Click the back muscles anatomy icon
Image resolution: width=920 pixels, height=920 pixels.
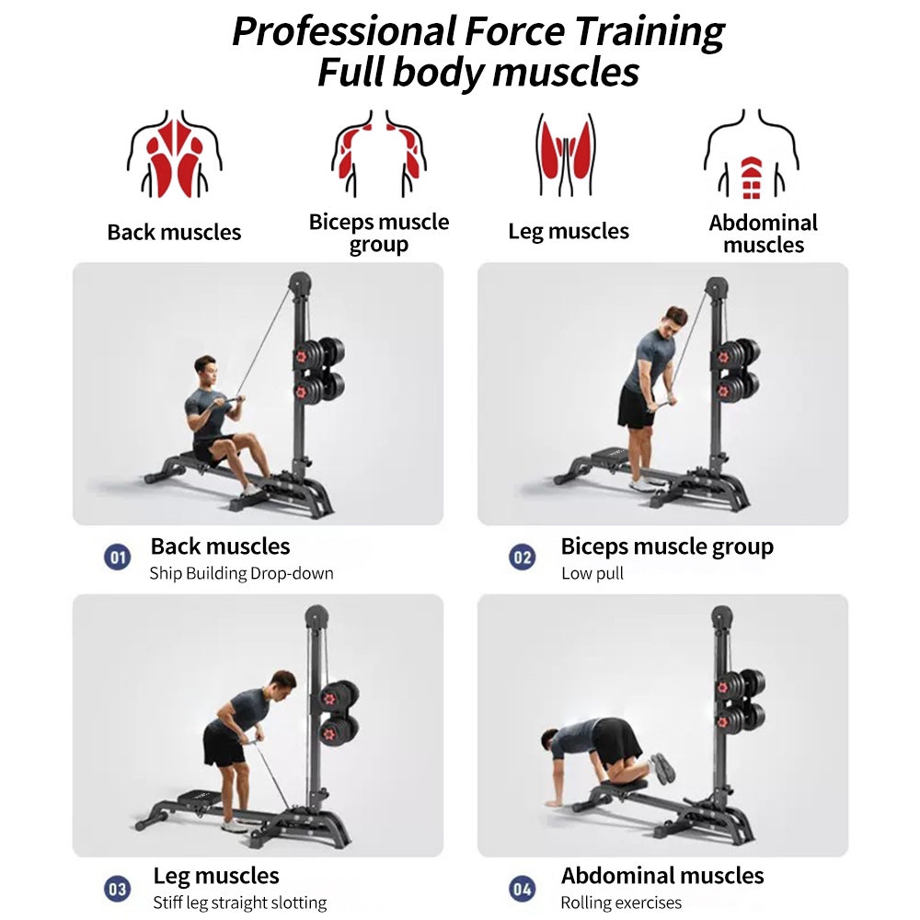pyautogui.click(x=174, y=154)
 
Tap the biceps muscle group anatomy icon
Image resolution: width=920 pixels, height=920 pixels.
pyautogui.click(x=378, y=154)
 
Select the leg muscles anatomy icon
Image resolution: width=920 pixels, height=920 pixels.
pyautogui.click(x=565, y=154)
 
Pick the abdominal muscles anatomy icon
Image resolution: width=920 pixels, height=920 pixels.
pyautogui.click(x=752, y=154)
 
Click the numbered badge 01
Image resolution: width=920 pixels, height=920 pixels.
pyautogui.click(x=118, y=557)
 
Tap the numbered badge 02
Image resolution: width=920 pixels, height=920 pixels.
pyautogui.click(x=523, y=557)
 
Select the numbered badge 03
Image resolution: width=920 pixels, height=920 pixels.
pyautogui.click(x=118, y=889)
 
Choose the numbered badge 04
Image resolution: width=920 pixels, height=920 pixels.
pyautogui.click(x=523, y=889)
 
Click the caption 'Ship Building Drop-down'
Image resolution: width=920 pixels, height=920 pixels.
pyautogui.click(x=241, y=573)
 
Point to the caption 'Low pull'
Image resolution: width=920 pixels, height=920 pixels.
pyautogui.click(x=592, y=573)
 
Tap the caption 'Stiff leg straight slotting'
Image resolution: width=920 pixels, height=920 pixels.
pyautogui.click(x=239, y=903)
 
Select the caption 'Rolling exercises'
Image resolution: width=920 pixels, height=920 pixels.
pyautogui.click(x=621, y=903)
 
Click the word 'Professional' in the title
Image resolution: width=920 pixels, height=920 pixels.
pyautogui.click(x=344, y=31)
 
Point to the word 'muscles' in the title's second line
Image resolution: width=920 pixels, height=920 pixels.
pyautogui.click(x=566, y=73)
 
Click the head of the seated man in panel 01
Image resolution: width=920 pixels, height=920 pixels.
pyautogui.click(x=205, y=369)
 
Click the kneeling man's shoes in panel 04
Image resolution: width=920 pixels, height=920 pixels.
pyautogui.click(x=663, y=768)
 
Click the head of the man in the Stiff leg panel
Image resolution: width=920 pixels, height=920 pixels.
pyautogui.click(x=282, y=684)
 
